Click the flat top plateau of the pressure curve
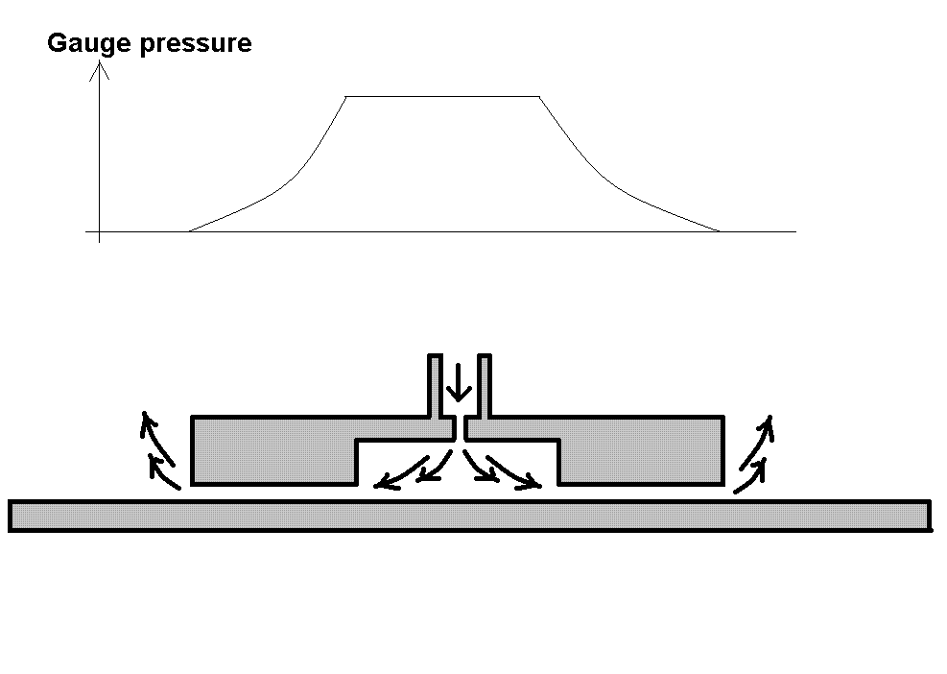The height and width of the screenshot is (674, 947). click(x=442, y=96)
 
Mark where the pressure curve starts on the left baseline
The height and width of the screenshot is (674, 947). click(x=189, y=231)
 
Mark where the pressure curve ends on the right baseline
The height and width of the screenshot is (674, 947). click(x=720, y=231)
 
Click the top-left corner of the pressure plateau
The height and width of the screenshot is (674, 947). click(x=345, y=96)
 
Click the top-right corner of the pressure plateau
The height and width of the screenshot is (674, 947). click(x=539, y=96)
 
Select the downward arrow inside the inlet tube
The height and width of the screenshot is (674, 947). click(x=459, y=383)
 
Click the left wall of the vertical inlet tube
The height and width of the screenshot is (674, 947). click(x=435, y=386)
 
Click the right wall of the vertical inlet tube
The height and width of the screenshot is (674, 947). click(x=485, y=386)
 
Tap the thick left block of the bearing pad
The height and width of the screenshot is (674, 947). click(x=273, y=450)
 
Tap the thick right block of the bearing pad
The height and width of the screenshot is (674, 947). click(x=642, y=450)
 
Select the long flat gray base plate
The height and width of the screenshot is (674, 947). click(x=469, y=516)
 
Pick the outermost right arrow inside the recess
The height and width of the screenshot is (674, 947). click(x=514, y=473)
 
